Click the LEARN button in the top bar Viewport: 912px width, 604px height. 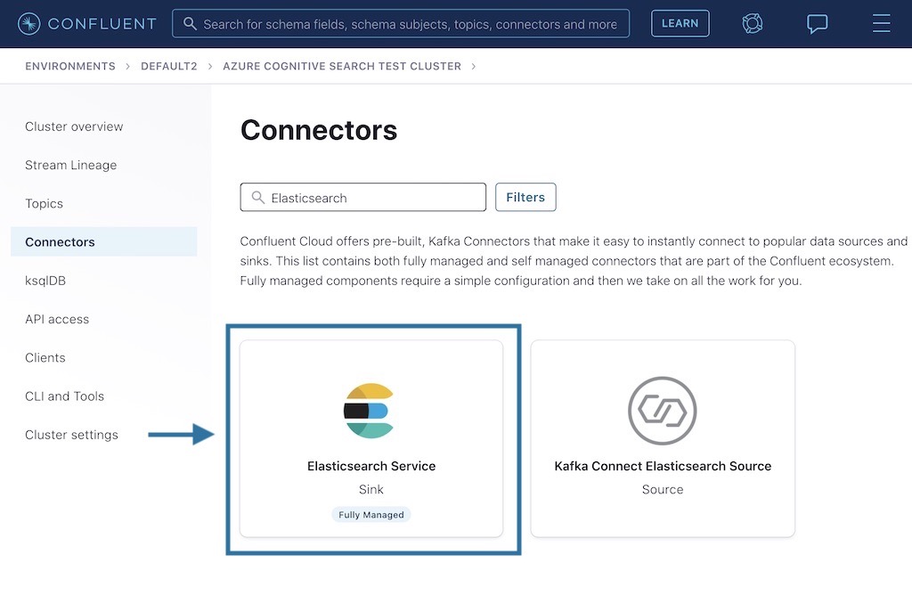tap(680, 23)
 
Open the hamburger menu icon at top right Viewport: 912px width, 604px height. tap(881, 23)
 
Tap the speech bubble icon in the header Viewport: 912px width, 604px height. tap(817, 24)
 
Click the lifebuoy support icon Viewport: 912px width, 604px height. tap(753, 23)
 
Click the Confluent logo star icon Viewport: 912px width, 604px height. tap(28, 23)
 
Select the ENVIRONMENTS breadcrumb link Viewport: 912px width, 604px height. tap(70, 67)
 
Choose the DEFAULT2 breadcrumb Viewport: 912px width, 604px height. tap(169, 67)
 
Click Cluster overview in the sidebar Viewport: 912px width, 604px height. tap(74, 127)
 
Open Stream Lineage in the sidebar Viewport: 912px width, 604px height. tap(70, 165)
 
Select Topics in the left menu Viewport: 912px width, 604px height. tap(44, 203)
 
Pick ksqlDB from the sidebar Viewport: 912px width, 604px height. tap(45, 281)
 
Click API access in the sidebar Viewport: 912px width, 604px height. tap(57, 319)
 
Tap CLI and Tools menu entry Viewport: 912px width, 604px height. tap(64, 396)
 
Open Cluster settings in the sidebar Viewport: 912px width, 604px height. tap(71, 435)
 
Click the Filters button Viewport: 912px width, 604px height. tap(525, 197)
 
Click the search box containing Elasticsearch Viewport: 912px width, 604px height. tap(363, 198)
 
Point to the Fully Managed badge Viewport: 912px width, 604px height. tap(371, 515)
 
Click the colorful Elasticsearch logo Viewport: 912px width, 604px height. tap(369, 411)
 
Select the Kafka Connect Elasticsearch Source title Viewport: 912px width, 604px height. tap(663, 466)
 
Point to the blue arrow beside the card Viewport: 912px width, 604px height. tap(181, 435)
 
